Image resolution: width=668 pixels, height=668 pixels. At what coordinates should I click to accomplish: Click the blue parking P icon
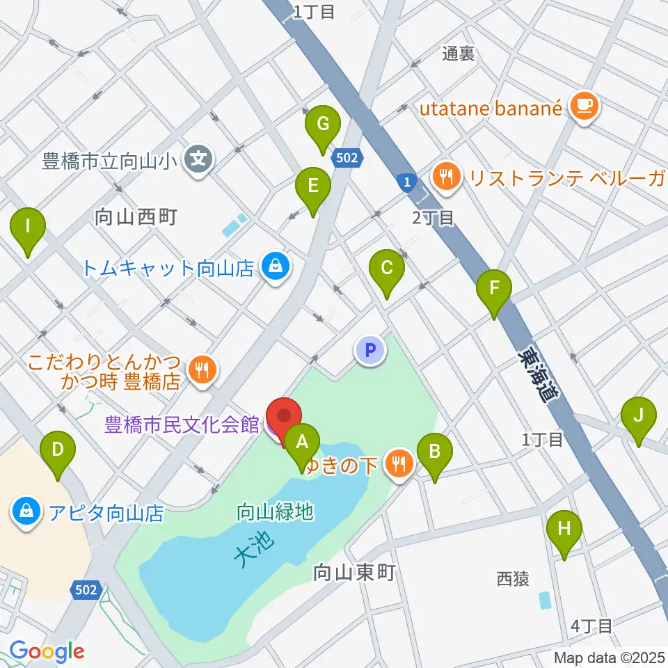click(370, 350)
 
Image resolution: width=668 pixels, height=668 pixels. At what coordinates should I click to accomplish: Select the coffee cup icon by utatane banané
click(582, 106)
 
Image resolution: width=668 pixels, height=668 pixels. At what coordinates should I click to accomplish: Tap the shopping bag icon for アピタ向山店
click(26, 514)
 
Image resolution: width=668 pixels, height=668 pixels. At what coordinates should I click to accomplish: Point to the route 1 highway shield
click(407, 183)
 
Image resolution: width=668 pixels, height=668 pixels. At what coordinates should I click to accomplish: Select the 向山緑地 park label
click(275, 513)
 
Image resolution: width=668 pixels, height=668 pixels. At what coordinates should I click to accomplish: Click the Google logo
click(47, 651)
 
